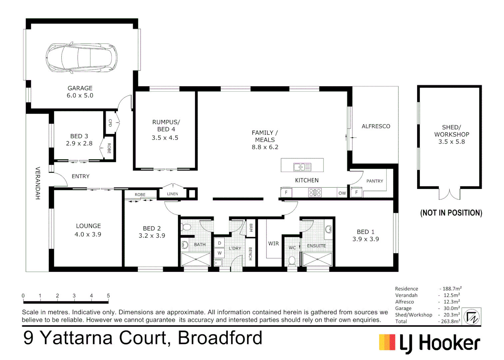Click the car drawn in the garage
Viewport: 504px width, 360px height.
pos(82,58)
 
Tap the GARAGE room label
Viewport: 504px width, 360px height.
pos(80,88)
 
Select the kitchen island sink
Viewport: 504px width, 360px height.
pos(302,167)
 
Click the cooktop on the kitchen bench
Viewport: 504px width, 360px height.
pos(315,192)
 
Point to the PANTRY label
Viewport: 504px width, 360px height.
pos(374,181)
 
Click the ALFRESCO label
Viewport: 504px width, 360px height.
pos(376,126)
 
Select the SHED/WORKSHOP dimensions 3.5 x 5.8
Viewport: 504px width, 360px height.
pos(451,142)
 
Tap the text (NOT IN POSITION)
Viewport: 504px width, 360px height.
pos(451,213)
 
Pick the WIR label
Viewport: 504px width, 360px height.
pos(273,244)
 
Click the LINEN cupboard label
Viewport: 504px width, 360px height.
pos(172,194)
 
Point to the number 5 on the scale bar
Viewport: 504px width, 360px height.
pos(108,296)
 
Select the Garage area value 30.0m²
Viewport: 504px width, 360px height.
pos(451,308)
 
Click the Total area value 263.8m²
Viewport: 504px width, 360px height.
pos(450,321)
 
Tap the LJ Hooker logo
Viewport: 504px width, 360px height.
pos(429,343)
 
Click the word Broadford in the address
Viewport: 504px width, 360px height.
pos(220,338)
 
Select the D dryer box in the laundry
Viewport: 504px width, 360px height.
pos(220,243)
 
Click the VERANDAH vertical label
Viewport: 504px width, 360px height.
pos(38,183)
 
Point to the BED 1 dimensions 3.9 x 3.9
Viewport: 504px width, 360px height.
pos(365,239)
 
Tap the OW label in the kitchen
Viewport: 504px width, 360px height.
pos(342,193)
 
